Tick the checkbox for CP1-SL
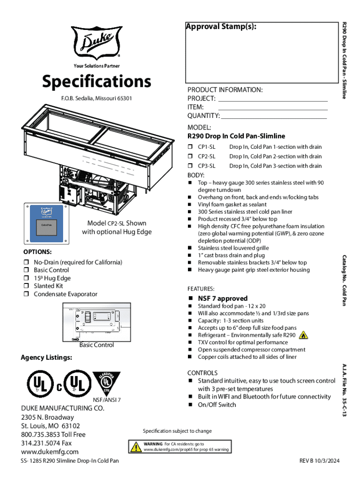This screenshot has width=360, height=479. coord(190,147)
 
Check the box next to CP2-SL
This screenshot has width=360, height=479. coord(190,157)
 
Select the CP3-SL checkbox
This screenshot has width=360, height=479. coord(190,166)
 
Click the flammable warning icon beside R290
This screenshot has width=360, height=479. coord(303,335)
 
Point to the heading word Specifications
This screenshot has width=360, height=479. coord(96,82)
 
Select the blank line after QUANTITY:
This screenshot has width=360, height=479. coord(274,116)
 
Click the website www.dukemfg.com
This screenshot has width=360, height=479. coord(50,452)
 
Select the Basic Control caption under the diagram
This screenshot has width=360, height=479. coord(96,345)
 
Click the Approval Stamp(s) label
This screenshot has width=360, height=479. coord(221,27)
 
